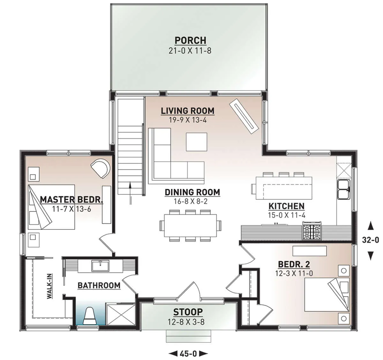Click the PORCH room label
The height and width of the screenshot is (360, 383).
click(190, 41)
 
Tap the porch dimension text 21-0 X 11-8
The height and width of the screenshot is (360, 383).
click(190, 51)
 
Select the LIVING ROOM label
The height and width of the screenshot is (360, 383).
click(187, 111)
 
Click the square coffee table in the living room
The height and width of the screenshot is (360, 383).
click(197, 142)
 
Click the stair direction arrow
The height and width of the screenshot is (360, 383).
click(130, 193)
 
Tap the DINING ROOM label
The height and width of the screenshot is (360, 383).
click(192, 192)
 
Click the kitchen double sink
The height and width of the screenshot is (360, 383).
click(343, 190)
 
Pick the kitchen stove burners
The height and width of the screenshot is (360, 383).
click(312, 230)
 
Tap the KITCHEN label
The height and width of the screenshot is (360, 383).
click(287, 206)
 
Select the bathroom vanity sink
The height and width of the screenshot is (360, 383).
click(100, 265)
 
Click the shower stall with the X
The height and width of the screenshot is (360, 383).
click(121, 314)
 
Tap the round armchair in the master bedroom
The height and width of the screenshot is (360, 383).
click(100, 169)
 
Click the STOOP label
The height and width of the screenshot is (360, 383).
click(188, 312)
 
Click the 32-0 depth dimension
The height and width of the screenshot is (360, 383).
click(371, 240)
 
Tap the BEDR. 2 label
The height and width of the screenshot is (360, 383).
click(294, 264)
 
